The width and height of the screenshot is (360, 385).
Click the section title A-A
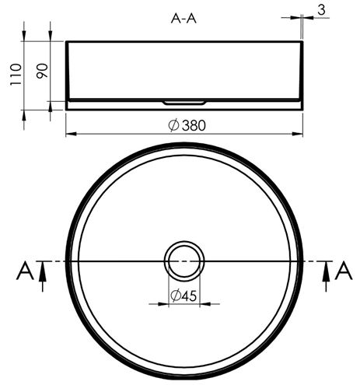pos(183,19)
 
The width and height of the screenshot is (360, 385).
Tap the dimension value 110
pos(16,75)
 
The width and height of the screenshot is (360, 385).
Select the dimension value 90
pos(42,71)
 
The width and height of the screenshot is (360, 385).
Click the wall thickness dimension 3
pos(321,10)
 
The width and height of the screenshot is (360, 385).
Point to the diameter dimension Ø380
pos(187,125)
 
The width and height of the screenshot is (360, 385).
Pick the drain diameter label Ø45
pos(183,296)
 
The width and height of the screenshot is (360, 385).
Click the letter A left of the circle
pos(25,271)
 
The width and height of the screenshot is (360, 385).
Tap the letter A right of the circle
pos(344,271)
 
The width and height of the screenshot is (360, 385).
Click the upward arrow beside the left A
pos(43,276)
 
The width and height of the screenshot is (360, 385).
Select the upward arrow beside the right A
pos(327,276)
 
